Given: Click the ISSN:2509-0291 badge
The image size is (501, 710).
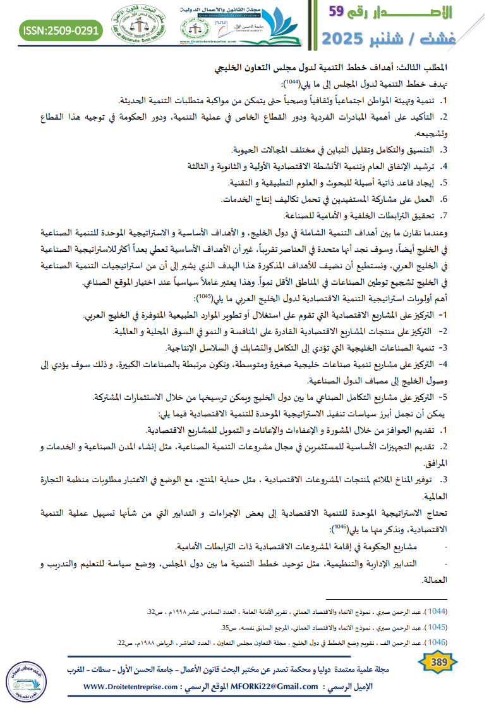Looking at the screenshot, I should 61,30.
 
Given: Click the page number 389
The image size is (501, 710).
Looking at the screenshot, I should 438,663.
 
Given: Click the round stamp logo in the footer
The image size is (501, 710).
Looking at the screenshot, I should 28,682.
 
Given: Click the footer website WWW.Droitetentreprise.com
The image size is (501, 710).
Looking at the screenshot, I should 136,687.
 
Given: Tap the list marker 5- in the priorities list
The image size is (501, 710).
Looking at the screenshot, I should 444,397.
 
